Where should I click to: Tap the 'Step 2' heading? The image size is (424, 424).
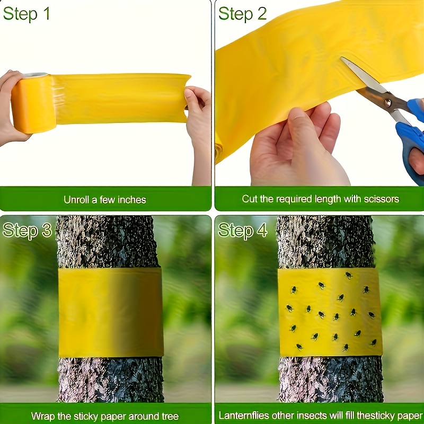[x=242, y=14]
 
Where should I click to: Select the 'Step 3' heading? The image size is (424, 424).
[x=27, y=231]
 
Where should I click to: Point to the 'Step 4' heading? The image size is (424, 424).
[x=243, y=231]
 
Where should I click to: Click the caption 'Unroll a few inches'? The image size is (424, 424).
[x=105, y=200]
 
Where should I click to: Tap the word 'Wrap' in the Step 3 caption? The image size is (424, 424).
[x=43, y=416]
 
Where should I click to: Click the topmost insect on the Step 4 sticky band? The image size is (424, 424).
[x=349, y=275]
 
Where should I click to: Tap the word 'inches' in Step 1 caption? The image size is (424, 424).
[x=129, y=200]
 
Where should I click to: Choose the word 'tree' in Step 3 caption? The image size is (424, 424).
[x=170, y=416]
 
